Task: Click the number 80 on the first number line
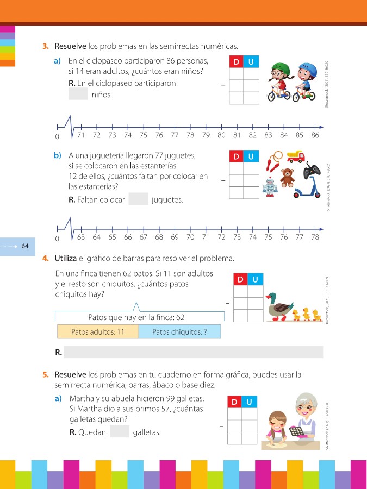[221, 135]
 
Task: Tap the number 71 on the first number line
[81, 135]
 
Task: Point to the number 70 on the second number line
[190, 237]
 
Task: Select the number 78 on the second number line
[315, 237]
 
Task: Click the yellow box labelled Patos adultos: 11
[98, 331]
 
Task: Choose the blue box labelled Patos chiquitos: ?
[180, 331]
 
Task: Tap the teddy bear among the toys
[287, 177]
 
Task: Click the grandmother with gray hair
[302, 417]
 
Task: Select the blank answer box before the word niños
[78, 94]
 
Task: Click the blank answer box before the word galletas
[119, 432]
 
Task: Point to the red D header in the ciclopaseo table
[236, 62]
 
